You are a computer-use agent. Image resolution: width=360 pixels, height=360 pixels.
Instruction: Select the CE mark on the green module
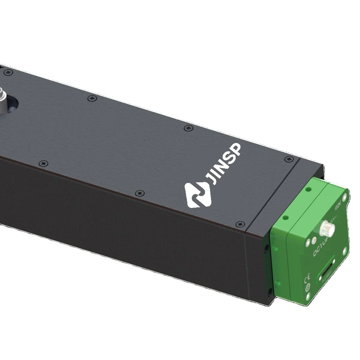coord(307,277)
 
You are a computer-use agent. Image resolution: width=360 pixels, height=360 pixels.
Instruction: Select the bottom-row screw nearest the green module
coord(238,224)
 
